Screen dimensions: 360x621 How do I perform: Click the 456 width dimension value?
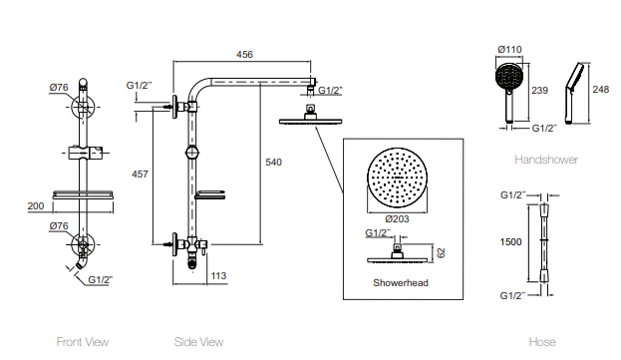coord(243,55)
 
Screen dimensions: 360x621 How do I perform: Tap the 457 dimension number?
coord(140,175)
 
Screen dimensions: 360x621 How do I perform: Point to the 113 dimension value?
coord(219,274)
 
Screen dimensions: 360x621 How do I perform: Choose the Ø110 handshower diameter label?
coord(510,49)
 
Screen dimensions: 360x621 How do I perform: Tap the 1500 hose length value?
coord(510,240)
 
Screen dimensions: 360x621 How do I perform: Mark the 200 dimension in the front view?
coord(36,205)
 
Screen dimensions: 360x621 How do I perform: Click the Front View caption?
coord(82,342)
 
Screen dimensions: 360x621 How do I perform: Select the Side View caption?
coord(198,342)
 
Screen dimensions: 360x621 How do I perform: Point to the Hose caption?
coord(542,342)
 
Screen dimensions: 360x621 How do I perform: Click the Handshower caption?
coord(546,160)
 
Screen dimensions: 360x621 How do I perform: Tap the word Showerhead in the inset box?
coord(400,283)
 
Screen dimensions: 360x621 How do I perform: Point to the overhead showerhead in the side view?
coord(308,121)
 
